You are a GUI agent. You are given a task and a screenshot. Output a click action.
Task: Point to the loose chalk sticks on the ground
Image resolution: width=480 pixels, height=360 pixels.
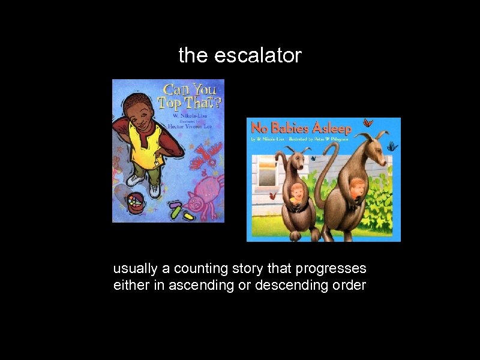click(x=180, y=211)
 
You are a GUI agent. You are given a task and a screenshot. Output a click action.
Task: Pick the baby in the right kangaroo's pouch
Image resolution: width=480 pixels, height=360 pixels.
click(x=356, y=187)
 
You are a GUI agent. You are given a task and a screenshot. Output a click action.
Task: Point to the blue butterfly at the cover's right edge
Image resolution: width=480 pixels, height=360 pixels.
click(x=392, y=146)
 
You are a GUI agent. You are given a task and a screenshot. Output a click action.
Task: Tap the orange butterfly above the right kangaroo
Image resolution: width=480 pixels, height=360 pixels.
click(x=367, y=123)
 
